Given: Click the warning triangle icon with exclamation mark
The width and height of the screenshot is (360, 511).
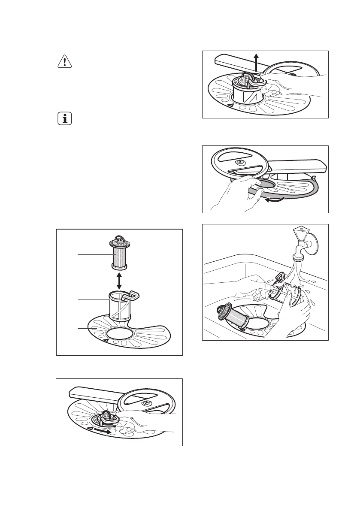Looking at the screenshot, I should pos(64,62).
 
